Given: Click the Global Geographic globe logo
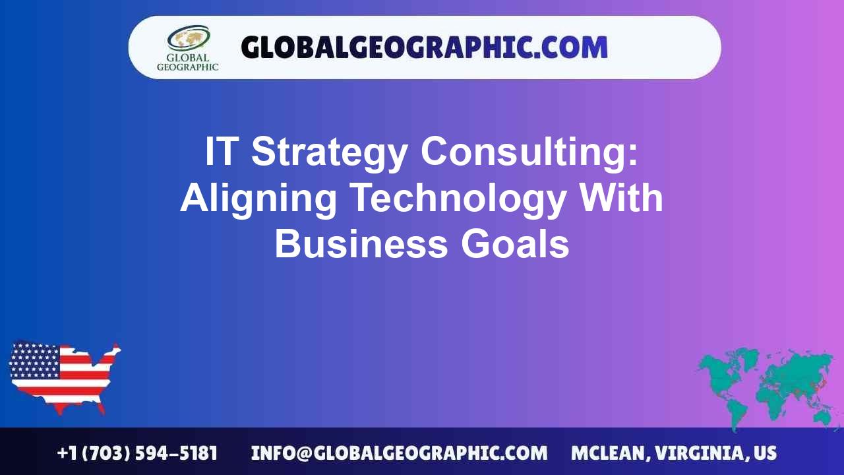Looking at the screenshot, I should pyautogui.click(x=188, y=38).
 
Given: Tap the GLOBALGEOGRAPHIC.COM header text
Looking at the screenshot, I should pyautogui.click(x=424, y=47).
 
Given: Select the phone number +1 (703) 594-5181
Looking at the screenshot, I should pyautogui.click(x=137, y=453).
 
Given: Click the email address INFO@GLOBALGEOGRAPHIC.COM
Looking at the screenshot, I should pyautogui.click(x=399, y=453).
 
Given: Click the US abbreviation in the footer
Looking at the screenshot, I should pyautogui.click(x=765, y=453).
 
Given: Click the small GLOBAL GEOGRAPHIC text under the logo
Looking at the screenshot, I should pyautogui.click(x=187, y=62).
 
